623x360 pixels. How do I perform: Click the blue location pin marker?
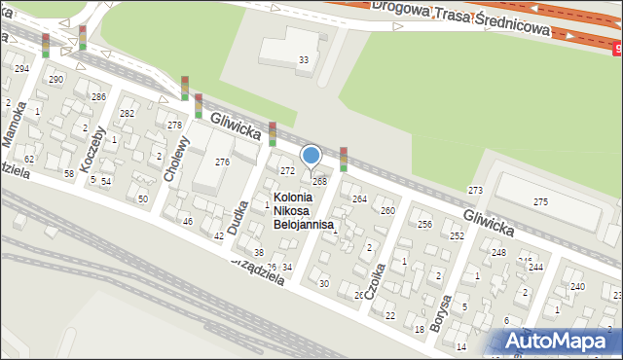coord(311,156)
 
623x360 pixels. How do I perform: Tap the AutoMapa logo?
coord(561,342)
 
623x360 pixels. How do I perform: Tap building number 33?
coord(304,60)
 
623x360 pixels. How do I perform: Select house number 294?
coord(21,69)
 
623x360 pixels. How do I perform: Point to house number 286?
coord(98,97)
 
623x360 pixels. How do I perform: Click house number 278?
coord(174,126)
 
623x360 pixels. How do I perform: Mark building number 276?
coord(222,162)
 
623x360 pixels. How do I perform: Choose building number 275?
coord(540,201)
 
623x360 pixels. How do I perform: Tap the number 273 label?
coord(475,190)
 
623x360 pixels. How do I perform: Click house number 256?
coord(424,225)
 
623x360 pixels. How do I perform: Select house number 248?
coord(498,253)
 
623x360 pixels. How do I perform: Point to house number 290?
coord(55,79)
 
